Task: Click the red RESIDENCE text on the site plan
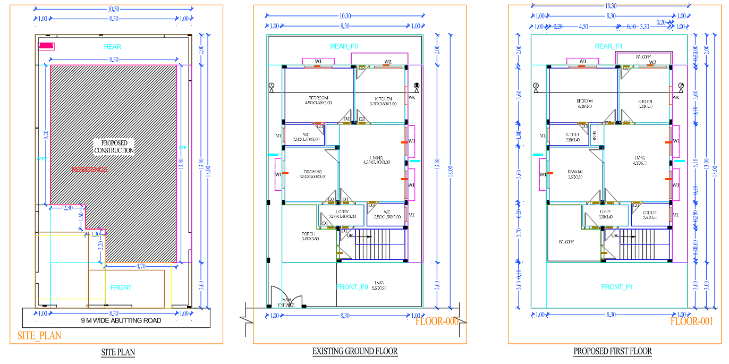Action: click(x=90, y=170)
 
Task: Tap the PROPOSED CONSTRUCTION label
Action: click(x=113, y=147)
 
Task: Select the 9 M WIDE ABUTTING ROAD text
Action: click(x=121, y=320)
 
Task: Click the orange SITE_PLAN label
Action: click(x=39, y=335)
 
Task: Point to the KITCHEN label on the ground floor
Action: click(x=383, y=99)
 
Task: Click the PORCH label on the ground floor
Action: click(x=308, y=234)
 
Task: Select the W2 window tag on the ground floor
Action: click(x=388, y=62)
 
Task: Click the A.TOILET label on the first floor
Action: click(x=572, y=135)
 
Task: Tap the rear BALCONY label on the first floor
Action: click(x=644, y=57)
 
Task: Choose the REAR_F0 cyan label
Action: click(x=344, y=47)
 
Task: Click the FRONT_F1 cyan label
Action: click(x=616, y=287)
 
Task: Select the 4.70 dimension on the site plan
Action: click(x=141, y=267)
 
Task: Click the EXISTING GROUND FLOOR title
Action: click(x=354, y=351)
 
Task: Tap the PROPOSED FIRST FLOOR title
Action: click(x=612, y=351)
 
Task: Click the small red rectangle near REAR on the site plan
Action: click(x=47, y=46)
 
